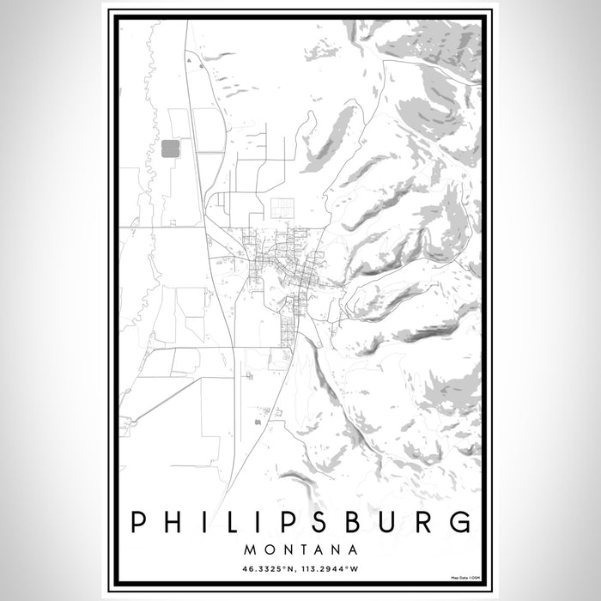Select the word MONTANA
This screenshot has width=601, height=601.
[300, 548]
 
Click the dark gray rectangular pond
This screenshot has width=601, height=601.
[170, 149]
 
